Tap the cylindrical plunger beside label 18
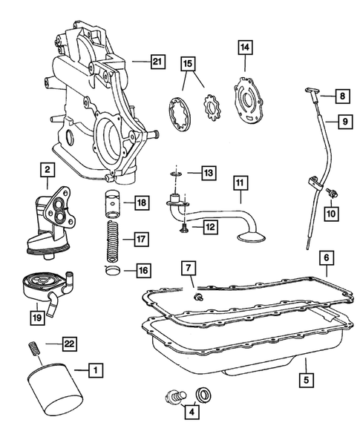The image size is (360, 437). coord(114,202)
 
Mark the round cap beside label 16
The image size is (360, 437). coord(114,269)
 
